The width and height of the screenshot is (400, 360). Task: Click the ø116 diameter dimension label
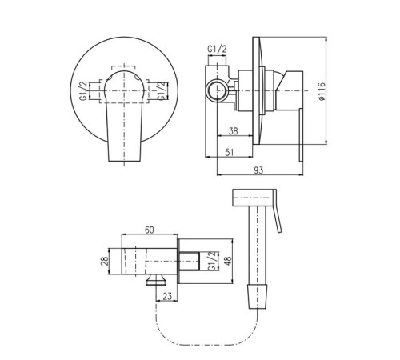tap(322, 91)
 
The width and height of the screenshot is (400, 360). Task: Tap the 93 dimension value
tap(258, 170)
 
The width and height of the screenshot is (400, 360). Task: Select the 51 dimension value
tap(230, 152)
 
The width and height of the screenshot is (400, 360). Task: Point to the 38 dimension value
tap(233, 131)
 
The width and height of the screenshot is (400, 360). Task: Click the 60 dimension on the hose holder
tap(150, 230)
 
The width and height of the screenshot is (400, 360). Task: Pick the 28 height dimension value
tap(105, 261)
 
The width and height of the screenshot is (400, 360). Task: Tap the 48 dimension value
tap(228, 261)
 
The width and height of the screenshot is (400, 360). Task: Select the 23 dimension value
tap(167, 296)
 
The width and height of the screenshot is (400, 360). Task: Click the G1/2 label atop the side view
tap(217, 49)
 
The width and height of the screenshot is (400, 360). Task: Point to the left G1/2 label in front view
tap(83, 91)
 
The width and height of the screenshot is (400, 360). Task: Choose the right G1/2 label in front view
tap(161, 91)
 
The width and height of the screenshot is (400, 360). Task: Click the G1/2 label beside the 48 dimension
tap(212, 261)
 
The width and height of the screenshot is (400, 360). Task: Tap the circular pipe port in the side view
tap(218, 90)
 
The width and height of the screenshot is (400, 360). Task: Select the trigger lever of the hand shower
tap(278, 211)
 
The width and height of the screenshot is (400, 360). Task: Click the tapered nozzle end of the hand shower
tap(258, 296)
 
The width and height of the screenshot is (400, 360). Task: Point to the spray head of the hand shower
tap(253, 198)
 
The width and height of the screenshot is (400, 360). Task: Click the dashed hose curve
tap(206, 344)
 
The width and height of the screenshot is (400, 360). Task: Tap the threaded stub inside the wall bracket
tap(189, 261)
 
